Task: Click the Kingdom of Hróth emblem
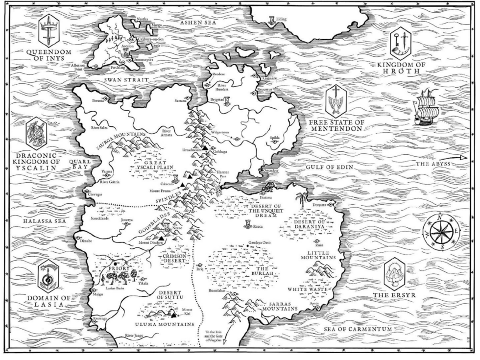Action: click(400, 43)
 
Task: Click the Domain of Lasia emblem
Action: click(49, 276)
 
